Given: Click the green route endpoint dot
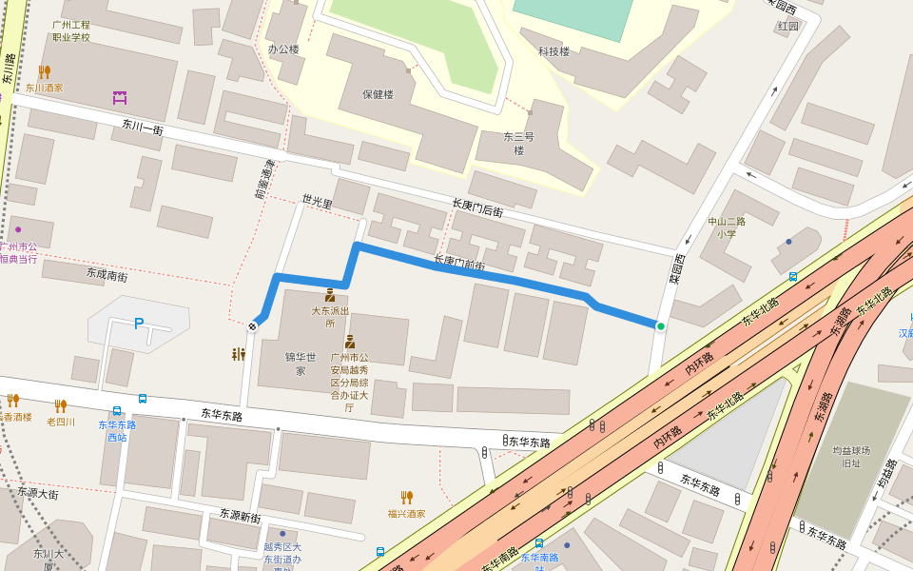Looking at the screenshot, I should [x=660, y=326].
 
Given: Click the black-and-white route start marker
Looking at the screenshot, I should [x=253, y=326].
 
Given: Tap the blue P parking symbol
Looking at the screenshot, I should [x=139, y=324].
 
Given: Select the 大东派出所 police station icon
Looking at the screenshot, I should [x=330, y=295].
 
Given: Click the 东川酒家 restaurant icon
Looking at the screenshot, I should [x=44, y=71].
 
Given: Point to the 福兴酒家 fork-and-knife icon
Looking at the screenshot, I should [x=406, y=497].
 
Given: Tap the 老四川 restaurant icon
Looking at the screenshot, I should [x=60, y=405].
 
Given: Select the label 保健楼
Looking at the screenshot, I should [x=378, y=94].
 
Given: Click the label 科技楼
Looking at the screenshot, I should [x=554, y=51].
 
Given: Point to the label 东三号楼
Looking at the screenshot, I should [x=519, y=143].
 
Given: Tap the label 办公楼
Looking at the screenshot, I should [x=282, y=49].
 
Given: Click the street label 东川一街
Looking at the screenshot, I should [x=143, y=126].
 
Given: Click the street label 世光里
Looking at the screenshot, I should [x=318, y=201].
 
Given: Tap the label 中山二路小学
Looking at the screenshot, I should [x=727, y=227].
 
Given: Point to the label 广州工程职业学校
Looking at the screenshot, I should [x=71, y=30].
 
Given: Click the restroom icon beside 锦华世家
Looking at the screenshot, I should [x=239, y=354].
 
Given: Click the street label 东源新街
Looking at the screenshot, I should [x=240, y=517].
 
